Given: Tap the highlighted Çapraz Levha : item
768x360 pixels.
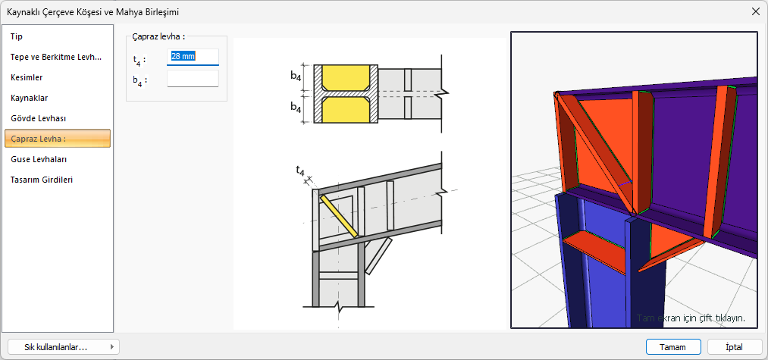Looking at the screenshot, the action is (x=58, y=139).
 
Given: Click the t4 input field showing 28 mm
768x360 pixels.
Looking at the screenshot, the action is (x=193, y=57).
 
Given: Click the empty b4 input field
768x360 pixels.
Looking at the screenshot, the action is (x=193, y=78).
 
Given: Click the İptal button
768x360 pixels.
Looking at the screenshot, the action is (x=734, y=347).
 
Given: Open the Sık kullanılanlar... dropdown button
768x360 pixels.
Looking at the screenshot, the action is (x=64, y=347).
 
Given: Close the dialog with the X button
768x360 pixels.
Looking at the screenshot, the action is (x=755, y=12).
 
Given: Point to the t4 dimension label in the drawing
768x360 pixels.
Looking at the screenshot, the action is (x=300, y=171).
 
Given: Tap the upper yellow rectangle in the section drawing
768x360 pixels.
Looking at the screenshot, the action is (x=345, y=77).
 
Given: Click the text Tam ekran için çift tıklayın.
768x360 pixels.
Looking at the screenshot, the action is (x=691, y=318).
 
